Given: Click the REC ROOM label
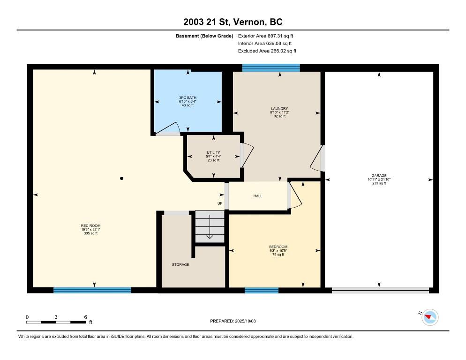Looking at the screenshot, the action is click(90, 225).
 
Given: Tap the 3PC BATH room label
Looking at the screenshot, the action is click(188, 97).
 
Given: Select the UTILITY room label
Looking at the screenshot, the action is click(213, 152).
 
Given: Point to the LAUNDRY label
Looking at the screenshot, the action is click(279, 108).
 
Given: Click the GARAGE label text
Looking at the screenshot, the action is click(379, 175).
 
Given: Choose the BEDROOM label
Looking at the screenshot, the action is click(278, 247).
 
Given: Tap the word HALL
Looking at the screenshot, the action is click(258, 196).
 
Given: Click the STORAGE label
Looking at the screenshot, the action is click(180, 264).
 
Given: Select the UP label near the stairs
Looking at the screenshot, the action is click(220, 203).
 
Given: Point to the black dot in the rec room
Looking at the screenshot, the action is click(121, 179).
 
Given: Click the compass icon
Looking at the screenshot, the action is click(430, 317).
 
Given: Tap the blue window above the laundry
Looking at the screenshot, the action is click(271, 68).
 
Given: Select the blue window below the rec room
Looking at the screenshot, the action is click(92, 290).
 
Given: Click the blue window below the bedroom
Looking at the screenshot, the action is click(262, 290).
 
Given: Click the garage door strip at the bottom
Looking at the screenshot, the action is click(380, 291).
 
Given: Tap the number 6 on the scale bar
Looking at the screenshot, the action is click(86, 317).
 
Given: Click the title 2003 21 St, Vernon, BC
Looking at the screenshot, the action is click(233, 22).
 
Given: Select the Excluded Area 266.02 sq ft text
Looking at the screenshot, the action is click(267, 51).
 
